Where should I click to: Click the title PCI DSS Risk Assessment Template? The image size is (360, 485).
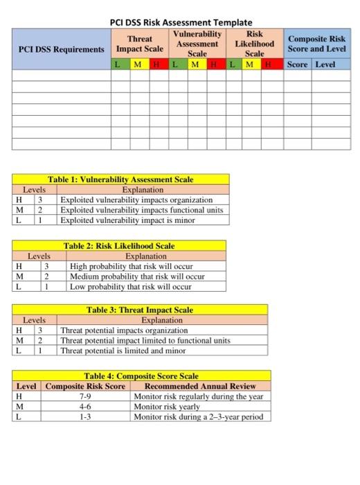click(181, 22)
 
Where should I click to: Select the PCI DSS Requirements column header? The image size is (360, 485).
click(62, 49)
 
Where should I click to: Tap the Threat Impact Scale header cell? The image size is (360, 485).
click(140, 44)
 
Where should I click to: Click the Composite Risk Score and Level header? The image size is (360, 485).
click(316, 44)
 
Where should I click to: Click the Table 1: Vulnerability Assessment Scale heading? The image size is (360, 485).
click(120, 179)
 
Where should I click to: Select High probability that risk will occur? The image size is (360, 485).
click(131, 267)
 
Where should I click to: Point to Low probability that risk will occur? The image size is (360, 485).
click(130, 286)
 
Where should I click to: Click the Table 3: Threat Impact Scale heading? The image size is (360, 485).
click(140, 310)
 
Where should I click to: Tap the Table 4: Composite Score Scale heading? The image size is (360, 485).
click(141, 376)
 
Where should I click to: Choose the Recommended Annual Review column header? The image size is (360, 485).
click(199, 386)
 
